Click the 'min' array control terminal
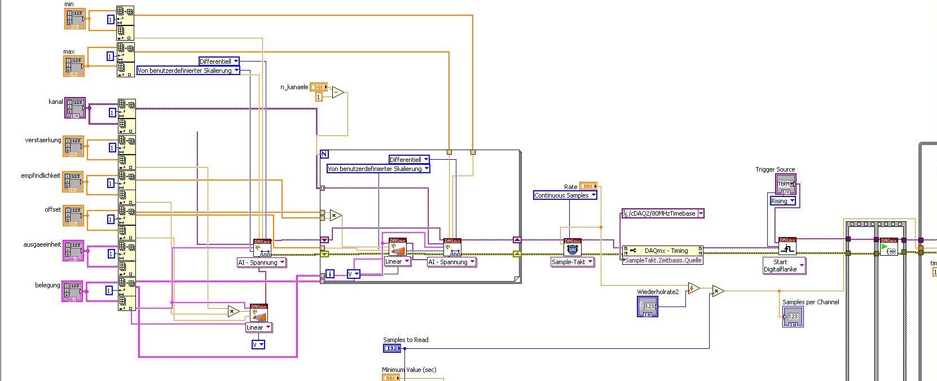tap(74, 19)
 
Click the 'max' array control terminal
tap(74, 66)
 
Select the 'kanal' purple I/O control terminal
tap(75, 108)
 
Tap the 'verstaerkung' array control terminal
tap(73, 147)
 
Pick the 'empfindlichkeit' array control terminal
tap(73, 182)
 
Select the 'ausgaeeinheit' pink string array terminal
tap(73, 251)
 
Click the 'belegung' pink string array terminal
tap(72, 291)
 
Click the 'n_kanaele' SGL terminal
tap(319, 87)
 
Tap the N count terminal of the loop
tap(324, 154)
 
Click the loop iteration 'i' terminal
tap(330, 274)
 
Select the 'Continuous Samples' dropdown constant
tap(565, 195)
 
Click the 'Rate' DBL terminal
tap(588, 186)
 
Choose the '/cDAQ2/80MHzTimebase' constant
tap(663, 213)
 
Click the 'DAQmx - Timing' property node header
tap(663, 250)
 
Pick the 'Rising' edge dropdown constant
tap(783, 201)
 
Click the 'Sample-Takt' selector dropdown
tap(573, 262)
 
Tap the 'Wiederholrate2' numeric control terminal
tap(647, 306)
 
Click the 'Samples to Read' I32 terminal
tap(392, 348)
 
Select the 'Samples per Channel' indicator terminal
tap(793, 317)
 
